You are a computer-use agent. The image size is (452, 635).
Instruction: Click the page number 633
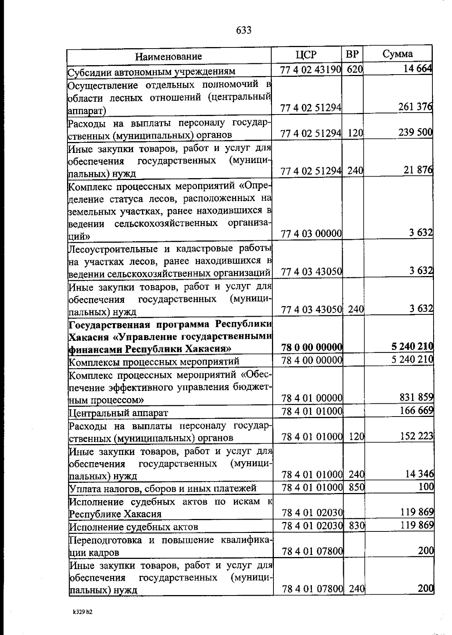[244, 30]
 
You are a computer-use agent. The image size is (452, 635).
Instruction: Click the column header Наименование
[168, 56]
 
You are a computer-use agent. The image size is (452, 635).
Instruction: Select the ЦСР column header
[306, 55]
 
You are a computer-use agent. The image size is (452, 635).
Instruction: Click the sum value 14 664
[417, 69]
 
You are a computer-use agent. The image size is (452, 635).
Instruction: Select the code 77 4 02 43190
[311, 69]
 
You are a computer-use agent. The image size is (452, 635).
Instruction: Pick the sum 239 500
[415, 133]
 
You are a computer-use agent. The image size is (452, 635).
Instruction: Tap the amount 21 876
[418, 170]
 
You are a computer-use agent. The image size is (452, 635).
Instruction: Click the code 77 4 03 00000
[312, 234]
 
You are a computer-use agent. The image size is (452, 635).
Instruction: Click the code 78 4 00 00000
[312, 360]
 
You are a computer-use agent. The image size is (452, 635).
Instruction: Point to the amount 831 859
[416, 397]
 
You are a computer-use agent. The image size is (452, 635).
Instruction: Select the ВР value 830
[356, 525]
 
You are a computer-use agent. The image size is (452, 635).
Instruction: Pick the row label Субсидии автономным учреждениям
[151, 71]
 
